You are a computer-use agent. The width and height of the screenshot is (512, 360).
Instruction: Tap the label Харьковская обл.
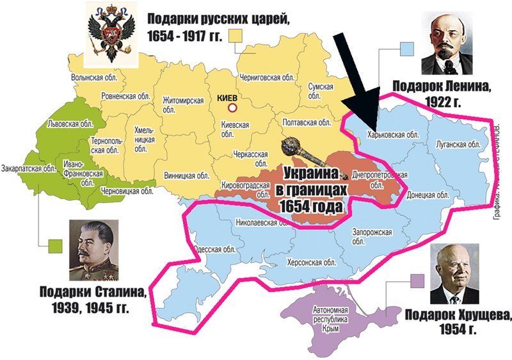(x=393, y=135)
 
